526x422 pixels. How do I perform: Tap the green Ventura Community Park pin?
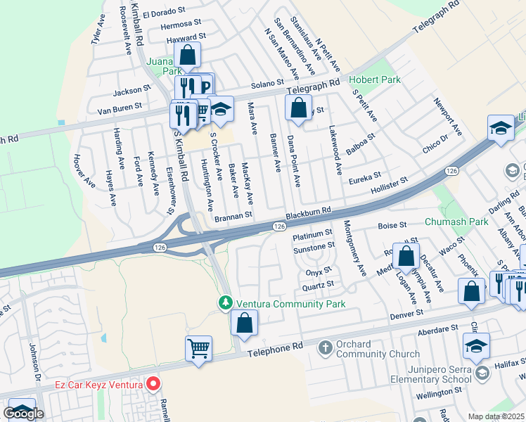tap(226, 303)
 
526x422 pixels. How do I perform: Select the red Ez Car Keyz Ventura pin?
tap(153, 384)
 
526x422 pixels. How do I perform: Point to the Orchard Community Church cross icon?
tap(325, 347)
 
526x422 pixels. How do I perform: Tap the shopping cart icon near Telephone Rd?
tap(199, 349)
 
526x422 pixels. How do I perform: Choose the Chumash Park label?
tap(456, 222)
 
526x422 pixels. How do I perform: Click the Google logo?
tap(23, 414)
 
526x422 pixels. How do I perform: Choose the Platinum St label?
tap(312, 233)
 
